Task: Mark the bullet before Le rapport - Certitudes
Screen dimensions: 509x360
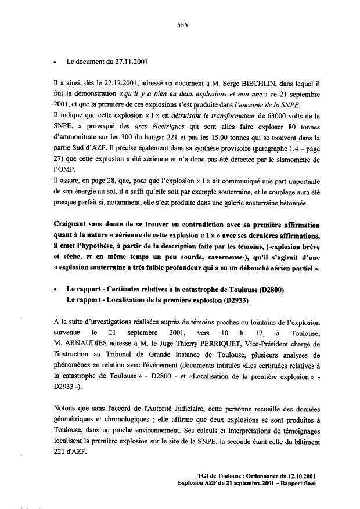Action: click(54, 288)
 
